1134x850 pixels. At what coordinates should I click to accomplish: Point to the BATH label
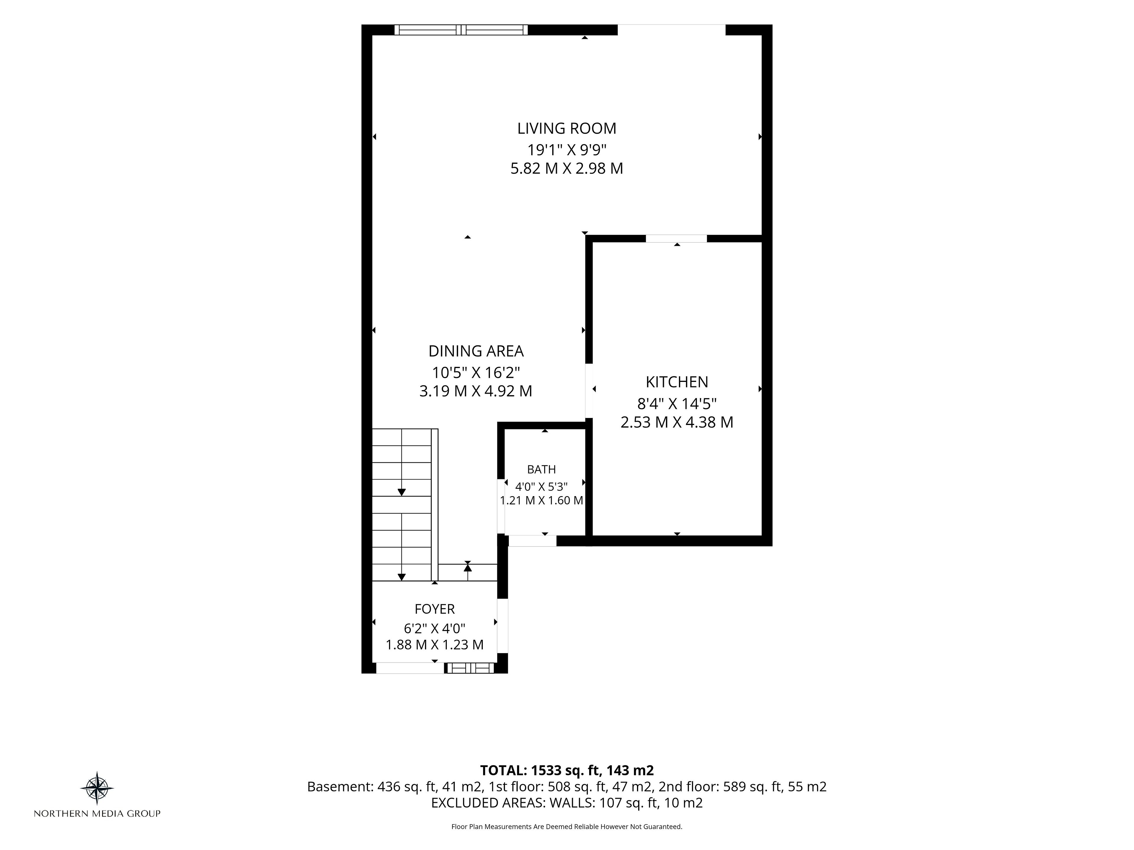click(541, 469)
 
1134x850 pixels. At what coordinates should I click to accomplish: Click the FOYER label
click(435, 609)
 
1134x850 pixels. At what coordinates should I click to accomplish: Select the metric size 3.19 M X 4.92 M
click(476, 391)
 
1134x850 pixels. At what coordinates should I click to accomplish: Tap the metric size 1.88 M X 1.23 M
click(435, 645)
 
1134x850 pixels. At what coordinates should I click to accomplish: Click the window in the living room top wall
click(461, 30)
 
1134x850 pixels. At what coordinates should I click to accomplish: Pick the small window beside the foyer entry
click(470, 668)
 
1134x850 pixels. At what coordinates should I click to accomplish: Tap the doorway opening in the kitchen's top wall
click(676, 238)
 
